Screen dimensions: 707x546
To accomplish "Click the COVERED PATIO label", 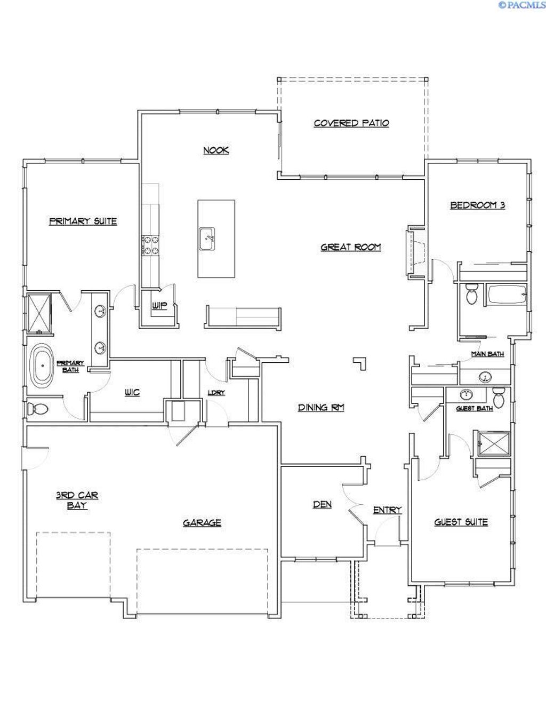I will point(351,123).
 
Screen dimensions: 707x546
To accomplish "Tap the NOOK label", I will point(216,150).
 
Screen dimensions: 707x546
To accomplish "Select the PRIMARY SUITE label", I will point(83,221).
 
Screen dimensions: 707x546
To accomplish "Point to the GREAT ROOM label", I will point(351,247).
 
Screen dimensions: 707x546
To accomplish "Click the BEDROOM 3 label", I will point(477,205).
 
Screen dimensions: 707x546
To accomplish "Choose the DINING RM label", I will point(320,408).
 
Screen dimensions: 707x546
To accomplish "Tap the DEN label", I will point(322,504).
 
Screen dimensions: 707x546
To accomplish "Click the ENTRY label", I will point(387,510).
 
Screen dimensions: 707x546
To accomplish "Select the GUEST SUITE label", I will point(461,522).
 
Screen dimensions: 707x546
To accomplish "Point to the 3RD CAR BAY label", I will point(77,500).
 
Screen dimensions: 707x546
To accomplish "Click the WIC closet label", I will point(132,393).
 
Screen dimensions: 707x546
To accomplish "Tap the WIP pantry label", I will point(159,306).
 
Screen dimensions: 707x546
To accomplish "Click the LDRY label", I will point(216,393).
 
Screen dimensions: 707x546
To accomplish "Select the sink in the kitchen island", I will point(208,238).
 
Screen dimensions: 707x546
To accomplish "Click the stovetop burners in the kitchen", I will point(149,245).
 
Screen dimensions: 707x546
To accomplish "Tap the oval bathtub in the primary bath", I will point(42,367).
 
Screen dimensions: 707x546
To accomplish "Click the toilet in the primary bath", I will point(37,409).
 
